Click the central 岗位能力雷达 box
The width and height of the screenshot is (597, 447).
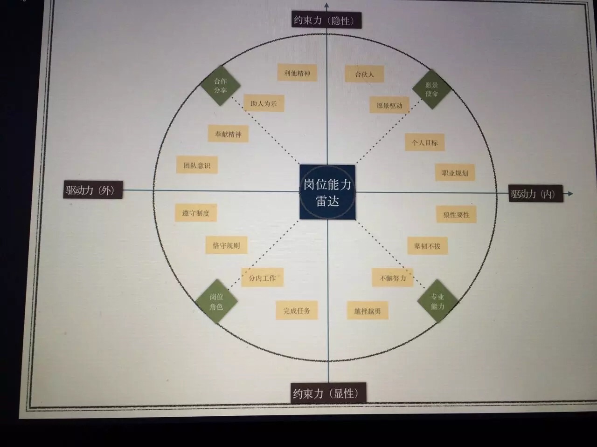(327, 192)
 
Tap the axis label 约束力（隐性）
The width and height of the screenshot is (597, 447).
(326, 20)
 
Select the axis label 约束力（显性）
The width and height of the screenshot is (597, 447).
(328, 393)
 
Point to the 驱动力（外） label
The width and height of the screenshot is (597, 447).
(93, 190)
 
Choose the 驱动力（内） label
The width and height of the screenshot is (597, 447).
(535, 194)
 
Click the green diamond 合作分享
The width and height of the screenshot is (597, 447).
(220, 86)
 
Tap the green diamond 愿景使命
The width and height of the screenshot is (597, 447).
(431, 89)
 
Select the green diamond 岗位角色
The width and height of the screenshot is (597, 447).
(216, 302)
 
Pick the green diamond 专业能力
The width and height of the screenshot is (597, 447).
(437, 301)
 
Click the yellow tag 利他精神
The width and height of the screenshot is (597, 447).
(297, 73)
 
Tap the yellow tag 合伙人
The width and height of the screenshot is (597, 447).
(364, 74)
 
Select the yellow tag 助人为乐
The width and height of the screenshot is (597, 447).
(264, 103)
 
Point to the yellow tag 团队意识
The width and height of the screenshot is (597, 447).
(197, 165)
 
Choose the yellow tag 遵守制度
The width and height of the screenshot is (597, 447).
(196, 213)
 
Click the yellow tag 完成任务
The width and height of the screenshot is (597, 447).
(297, 310)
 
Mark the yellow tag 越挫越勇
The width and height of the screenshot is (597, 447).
(368, 311)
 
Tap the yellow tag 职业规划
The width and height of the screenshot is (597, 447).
(455, 172)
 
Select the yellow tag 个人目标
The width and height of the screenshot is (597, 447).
(424, 142)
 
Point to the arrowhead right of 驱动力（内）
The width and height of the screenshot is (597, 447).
(570, 194)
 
